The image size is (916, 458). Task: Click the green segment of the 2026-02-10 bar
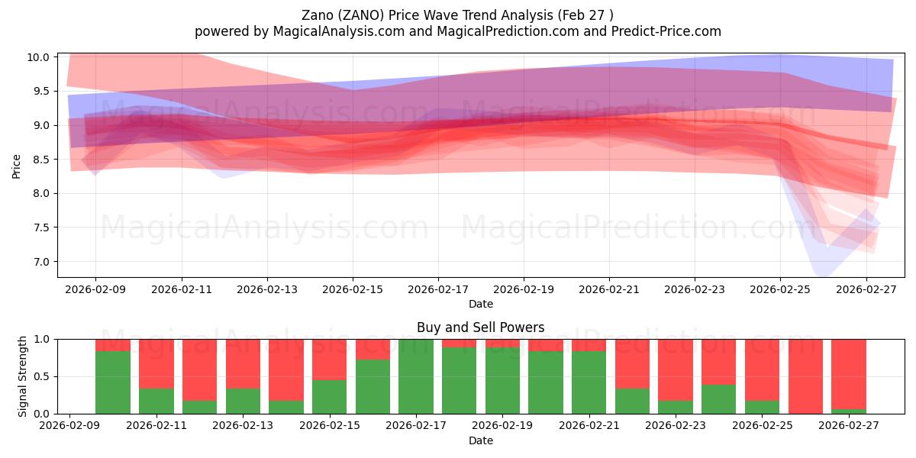click(x=112, y=382)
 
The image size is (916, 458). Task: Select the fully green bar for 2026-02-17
click(x=415, y=376)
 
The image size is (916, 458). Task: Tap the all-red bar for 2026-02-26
click(x=805, y=376)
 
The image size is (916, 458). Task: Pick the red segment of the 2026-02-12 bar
click(x=199, y=369)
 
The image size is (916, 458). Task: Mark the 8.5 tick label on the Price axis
click(x=41, y=160)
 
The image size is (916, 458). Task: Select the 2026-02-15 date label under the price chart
click(x=353, y=290)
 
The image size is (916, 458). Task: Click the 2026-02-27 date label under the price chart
click(x=866, y=290)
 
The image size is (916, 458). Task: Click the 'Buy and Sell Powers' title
click(x=480, y=327)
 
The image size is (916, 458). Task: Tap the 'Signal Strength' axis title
click(x=23, y=376)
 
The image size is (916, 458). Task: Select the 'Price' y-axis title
click(x=17, y=165)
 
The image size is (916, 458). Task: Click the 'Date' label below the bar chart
click(x=480, y=440)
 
